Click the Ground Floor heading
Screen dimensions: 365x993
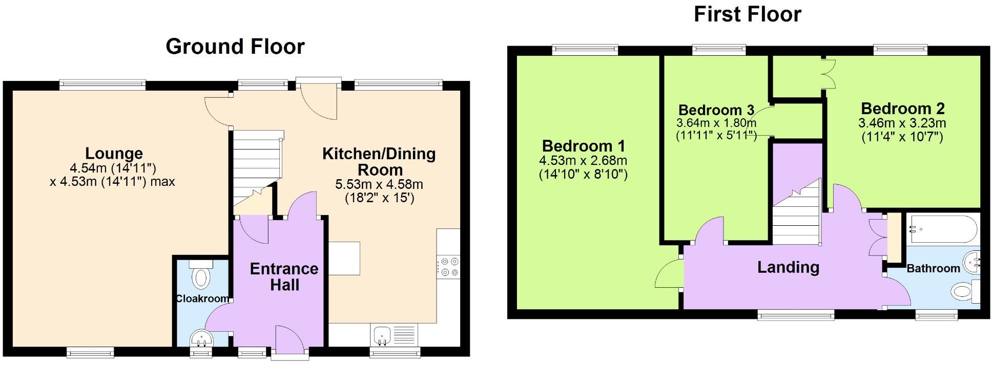pyautogui.click(x=235, y=47)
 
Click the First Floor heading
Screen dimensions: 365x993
pyautogui.click(x=747, y=14)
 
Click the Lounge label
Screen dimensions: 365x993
pyautogui.click(x=114, y=153)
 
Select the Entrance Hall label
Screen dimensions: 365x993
pyautogui.click(x=284, y=276)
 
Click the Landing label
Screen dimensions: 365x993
pyautogui.click(x=788, y=267)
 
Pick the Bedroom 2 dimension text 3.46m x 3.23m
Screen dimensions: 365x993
pyautogui.click(x=902, y=123)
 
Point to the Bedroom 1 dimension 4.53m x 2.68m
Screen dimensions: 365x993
pyautogui.click(x=583, y=161)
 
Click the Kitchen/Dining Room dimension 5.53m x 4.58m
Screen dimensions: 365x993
pyautogui.click(x=379, y=184)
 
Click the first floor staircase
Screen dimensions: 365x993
pyautogui.click(x=797, y=218)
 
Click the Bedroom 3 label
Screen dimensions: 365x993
pyautogui.click(x=716, y=110)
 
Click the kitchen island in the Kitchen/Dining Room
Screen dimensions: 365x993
pyautogui.click(x=344, y=259)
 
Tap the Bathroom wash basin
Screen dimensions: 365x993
pyautogui.click(x=971, y=263)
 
